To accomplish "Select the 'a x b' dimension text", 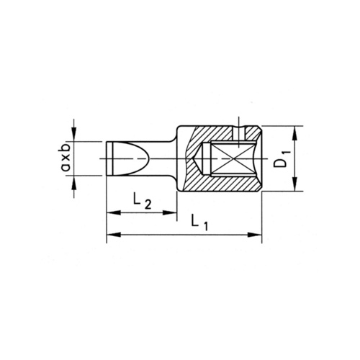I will (x=66, y=157).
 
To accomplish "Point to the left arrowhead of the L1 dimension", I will (x=112, y=234).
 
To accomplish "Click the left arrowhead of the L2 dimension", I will (x=112, y=212).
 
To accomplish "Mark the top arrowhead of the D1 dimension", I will (x=295, y=131).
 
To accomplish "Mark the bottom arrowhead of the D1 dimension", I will (x=295, y=186).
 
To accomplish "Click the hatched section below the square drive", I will (x=216, y=183).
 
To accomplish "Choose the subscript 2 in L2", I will (x=147, y=206).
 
